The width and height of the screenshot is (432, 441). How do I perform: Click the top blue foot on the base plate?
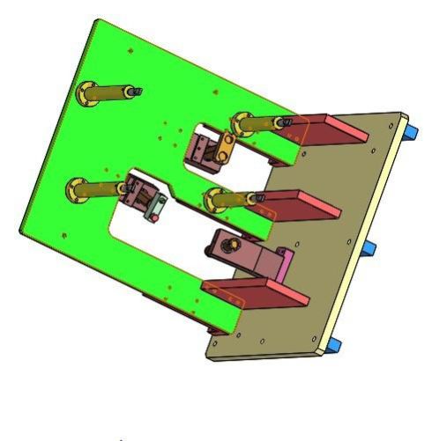(x=412, y=133)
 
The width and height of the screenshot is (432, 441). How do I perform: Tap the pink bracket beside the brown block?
(x=283, y=266)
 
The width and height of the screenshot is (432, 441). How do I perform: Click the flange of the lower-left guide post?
(x=78, y=187)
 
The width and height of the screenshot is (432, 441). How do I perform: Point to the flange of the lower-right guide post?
(x=212, y=200)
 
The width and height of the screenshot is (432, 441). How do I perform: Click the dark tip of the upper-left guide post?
(x=136, y=91)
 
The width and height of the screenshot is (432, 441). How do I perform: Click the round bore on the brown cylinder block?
(x=235, y=243)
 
